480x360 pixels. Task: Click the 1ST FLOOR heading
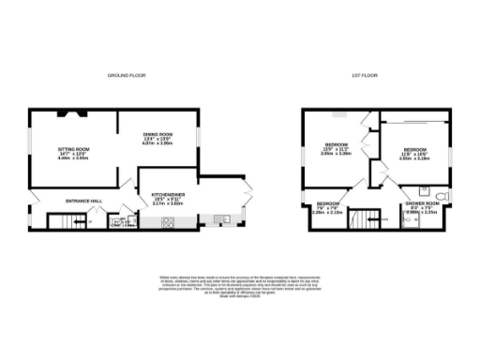[x=364, y=74]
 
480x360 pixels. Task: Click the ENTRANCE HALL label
[x=82, y=201]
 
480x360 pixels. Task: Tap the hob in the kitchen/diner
[x=170, y=222]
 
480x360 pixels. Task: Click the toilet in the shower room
[x=442, y=196]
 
